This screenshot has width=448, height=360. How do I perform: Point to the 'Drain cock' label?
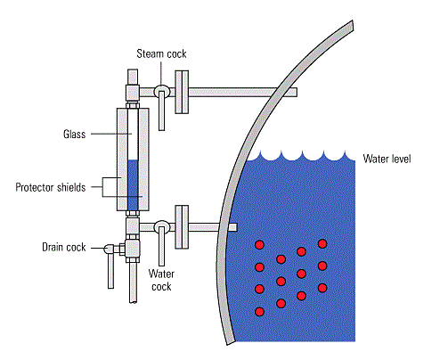tap(63, 247)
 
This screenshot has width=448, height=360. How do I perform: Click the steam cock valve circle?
tap(162, 90)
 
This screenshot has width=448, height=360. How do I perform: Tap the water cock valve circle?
tap(162, 227)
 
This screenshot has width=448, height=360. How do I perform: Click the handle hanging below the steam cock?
tap(162, 114)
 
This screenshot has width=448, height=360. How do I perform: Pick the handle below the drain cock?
tap(109, 271)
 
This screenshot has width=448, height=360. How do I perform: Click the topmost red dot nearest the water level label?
tap(322, 243)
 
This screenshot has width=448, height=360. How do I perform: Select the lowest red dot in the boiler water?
tap(260, 311)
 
